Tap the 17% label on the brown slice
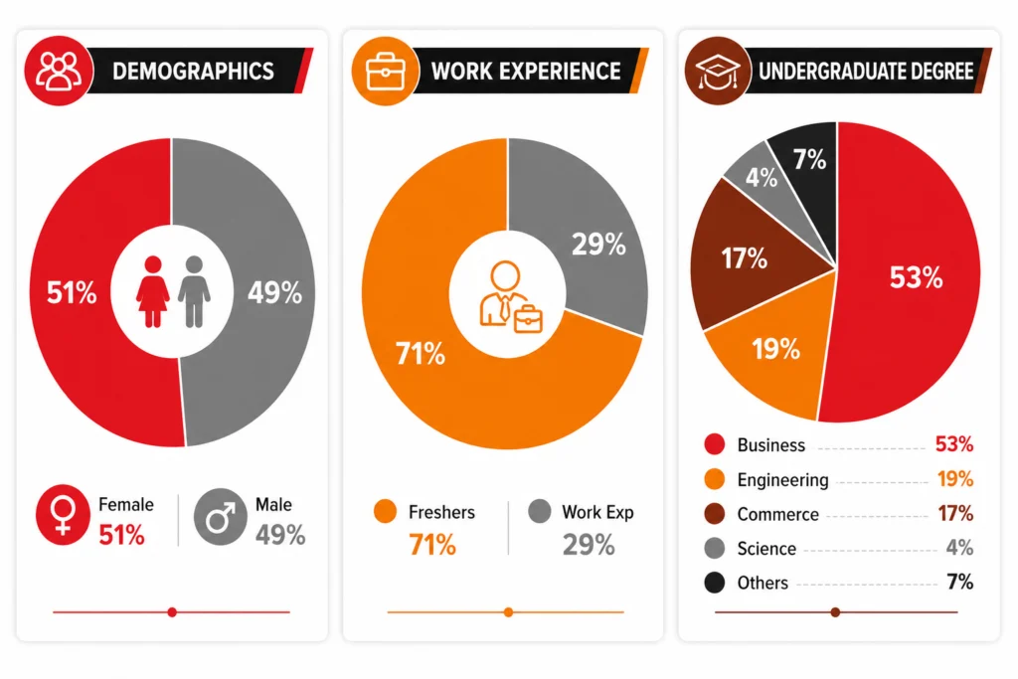[x=744, y=258]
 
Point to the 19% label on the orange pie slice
[x=775, y=349]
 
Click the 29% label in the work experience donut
[x=598, y=245]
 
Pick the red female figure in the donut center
[x=153, y=291]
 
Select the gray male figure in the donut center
[x=194, y=291]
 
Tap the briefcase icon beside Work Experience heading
[x=386, y=72]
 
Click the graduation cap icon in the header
[x=718, y=72]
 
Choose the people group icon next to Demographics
[x=59, y=71]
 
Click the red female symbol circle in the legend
[x=63, y=515]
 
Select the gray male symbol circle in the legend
[x=220, y=517]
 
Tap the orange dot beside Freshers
[x=385, y=512]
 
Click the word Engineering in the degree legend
[x=783, y=480]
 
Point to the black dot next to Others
[x=715, y=583]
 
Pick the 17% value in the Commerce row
[x=955, y=513]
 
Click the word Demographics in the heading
[x=193, y=72]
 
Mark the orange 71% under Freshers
[x=432, y=545]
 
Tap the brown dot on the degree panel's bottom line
[x=835, y=612]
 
